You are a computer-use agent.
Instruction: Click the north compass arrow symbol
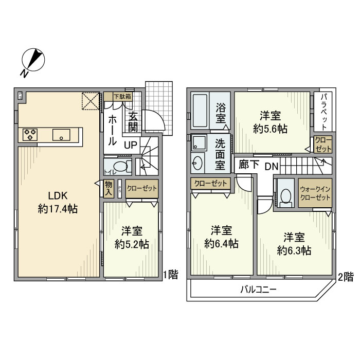33,61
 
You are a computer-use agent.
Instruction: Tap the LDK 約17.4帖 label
58,202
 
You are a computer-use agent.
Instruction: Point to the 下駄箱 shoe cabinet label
122,96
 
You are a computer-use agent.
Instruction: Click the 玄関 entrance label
133,122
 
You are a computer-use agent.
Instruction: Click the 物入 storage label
109,188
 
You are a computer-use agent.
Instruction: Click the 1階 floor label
171,275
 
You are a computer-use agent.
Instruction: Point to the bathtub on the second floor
200,111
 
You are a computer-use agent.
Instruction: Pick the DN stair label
272,166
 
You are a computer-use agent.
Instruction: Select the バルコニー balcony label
259,290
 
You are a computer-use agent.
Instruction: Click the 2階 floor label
346,276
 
